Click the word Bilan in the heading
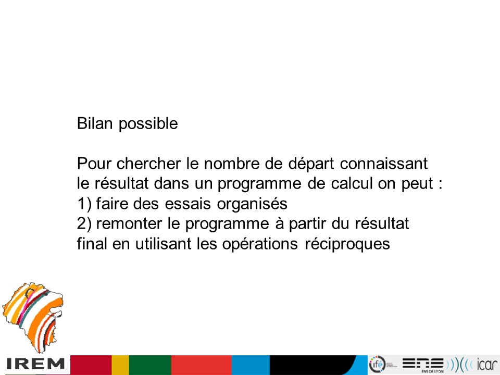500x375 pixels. pos(95,123)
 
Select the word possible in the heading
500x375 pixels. pos(148,124)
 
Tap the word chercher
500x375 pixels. pos(148,164)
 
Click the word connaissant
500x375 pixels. pos(384,164)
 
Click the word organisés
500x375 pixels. pos(252,204)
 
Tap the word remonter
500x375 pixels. pos(129,223)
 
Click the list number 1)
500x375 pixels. pos(84,204)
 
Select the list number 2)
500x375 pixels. pos(84,224)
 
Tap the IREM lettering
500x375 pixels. pos(35,364)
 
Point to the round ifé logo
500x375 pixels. pos(377,364)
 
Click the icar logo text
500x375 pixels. pos(488,364)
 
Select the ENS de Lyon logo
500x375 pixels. pos(423,365)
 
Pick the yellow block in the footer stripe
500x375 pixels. pos(120,365)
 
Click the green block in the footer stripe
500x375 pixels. pos(150,365)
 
